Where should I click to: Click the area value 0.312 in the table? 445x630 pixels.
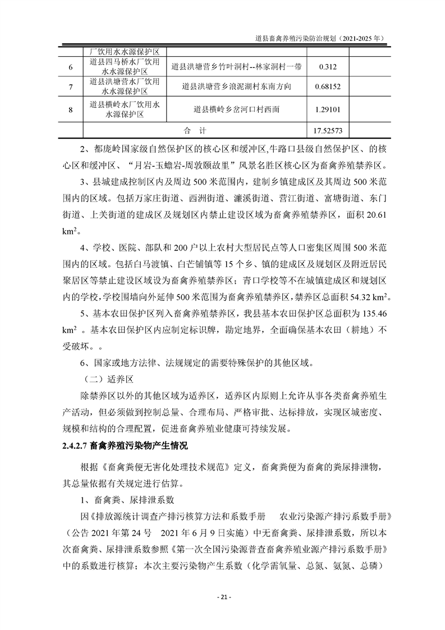pyautogui.click(x=327, y=67)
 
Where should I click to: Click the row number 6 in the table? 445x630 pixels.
pyautogui.click(x=71, y=67)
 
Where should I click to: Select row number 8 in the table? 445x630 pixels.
pyautogui.click(x=71, y=110)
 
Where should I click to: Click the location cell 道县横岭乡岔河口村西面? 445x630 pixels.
pyautogui.click(x=236, y=110)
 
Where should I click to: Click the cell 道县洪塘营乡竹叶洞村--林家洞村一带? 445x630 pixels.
pyautogui.click(x=236, y=67)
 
